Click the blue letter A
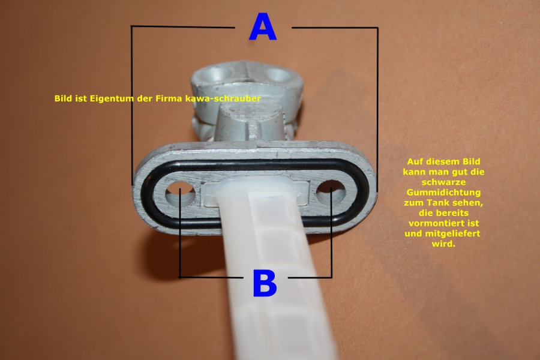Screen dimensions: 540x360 click(x=262, y=26)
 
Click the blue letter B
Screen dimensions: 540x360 click(x=265, y=283)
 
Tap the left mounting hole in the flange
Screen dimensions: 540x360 click(x=180, y=194)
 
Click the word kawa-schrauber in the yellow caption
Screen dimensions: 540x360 click(x=223, y=98)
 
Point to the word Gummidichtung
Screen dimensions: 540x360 click(x=443, y=193)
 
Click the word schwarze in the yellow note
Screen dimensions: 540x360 click(x=443, y=182)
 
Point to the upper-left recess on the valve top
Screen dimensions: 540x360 click(x=218, y=73)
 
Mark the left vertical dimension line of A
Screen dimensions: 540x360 click(x=131, y=106)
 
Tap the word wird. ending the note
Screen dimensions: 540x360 click(x=443, y=244)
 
